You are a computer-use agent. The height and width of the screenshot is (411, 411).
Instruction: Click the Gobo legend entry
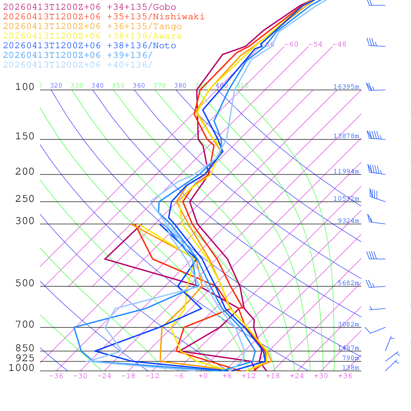[90, 7]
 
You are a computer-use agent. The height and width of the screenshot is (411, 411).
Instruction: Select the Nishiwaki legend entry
[104, 16]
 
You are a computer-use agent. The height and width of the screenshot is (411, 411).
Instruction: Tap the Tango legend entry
[92, 26]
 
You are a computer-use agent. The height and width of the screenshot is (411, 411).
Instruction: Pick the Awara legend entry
[92, 36]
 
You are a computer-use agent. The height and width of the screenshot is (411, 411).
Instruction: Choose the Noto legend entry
[90, 46]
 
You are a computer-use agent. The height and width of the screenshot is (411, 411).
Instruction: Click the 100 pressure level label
[25, 87]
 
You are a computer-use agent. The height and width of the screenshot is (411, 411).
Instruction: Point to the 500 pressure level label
[25, 284]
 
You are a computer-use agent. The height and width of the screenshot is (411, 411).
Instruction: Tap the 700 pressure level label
[25, 325]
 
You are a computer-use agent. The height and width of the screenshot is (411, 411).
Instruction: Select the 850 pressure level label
[25, 348]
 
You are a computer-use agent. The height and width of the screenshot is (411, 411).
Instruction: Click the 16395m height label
[346, 87]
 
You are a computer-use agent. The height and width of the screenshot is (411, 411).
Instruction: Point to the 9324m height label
[348, 221]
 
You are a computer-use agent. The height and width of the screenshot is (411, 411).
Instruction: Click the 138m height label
[350, 368]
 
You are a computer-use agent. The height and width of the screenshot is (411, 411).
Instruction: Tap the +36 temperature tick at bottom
[345, 376]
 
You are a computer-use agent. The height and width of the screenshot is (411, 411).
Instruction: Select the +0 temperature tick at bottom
[203, 376]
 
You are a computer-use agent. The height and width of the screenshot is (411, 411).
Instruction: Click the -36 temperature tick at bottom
[56, 376]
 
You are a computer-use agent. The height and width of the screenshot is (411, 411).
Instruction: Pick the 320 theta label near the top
[56, 85]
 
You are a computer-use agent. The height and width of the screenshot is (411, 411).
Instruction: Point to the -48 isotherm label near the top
[339, 45]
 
